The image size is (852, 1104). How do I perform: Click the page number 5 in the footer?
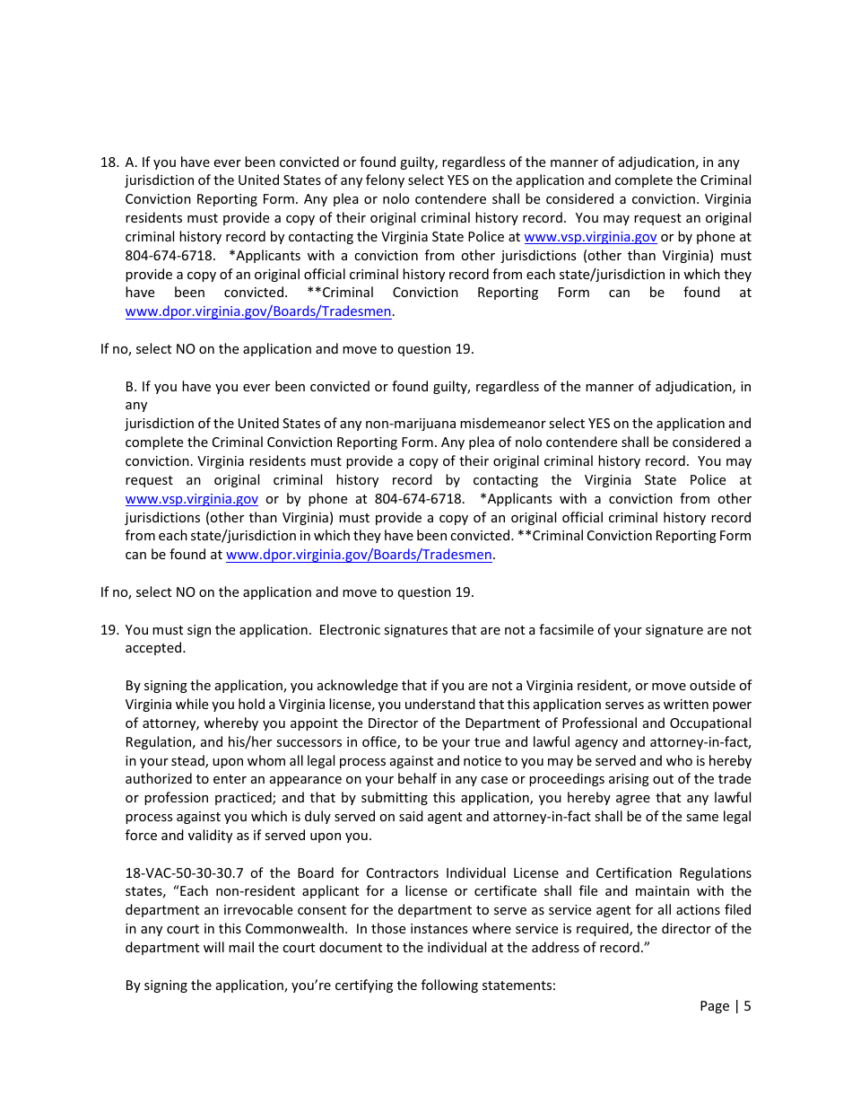(x=747, y=1006)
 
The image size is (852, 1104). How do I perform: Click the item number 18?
(x=109, y=162)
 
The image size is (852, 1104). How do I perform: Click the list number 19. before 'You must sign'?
(x=109, y=630)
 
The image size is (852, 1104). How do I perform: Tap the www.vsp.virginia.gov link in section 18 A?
(x=590, y=237)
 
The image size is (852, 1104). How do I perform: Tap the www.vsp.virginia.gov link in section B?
(x=192, y=499)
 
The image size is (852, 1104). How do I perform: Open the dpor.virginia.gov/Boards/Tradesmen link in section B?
(x=359, y=555)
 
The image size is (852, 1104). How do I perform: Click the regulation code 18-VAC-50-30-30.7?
(x=185, y=873)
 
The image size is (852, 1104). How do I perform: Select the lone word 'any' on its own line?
(x=136, y=406)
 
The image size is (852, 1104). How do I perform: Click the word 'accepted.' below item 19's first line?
(x=155, y=649)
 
